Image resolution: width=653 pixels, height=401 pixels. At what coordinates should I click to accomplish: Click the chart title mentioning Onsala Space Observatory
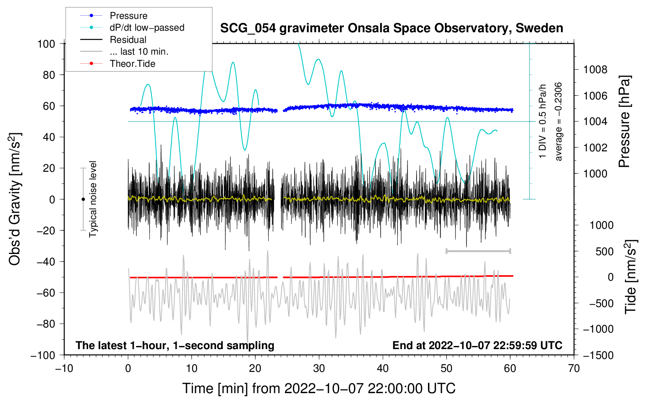(x=391, y=28)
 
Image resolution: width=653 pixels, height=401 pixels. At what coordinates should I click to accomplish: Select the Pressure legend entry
(x=129, y=16)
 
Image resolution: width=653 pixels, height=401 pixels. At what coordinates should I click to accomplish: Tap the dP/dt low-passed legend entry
(x=147, y=28)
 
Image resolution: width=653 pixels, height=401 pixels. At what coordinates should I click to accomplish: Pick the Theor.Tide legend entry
(x=132, y=64)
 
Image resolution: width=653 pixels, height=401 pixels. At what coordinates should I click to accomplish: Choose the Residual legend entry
(x=128, y=40)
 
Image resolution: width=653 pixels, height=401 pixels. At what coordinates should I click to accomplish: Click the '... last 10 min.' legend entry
(x=139, y=52)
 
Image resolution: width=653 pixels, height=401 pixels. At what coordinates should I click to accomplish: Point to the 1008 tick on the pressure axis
(x=595, y=70)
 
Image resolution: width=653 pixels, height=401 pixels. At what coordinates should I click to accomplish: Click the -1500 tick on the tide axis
(x=598, y=355)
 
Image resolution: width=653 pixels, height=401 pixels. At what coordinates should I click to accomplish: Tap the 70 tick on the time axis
(x=574, y=368)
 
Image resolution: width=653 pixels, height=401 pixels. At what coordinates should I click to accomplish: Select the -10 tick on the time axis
(x=64, y=368)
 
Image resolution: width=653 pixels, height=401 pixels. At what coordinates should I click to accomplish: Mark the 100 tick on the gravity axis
(x=46, y=44)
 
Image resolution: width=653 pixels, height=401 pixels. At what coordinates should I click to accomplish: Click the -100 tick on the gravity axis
(x=43, y=355)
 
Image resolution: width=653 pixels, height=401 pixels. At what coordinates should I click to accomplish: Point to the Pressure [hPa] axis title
(x=624, y=121)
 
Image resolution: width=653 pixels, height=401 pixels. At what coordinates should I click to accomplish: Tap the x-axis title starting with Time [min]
(x=319, y=388)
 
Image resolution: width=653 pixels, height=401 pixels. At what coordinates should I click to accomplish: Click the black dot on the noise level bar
(x=83, y=199)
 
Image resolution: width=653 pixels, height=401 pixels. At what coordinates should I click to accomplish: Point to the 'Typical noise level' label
(x=93, y=199)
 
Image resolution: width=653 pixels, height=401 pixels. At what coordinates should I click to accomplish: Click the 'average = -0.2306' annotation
(x=559, y=121)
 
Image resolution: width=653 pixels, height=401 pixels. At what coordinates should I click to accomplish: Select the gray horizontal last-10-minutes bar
(x=478, y=251)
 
